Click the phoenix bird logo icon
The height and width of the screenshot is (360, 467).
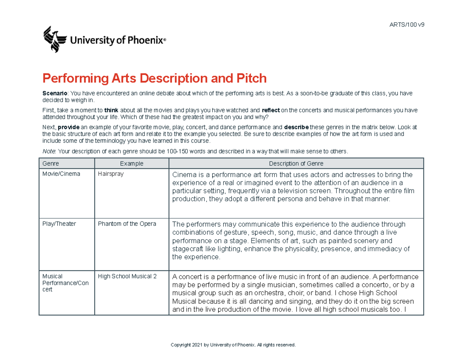click(54, 39)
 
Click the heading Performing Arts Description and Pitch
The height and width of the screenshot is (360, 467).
click(154, 79)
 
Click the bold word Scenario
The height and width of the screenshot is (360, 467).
click(54, 94)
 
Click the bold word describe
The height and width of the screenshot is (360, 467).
click(297, 127)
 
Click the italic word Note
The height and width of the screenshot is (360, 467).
click(48, 151)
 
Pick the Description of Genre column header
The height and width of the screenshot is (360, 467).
click(296, 163)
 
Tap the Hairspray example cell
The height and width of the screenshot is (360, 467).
click(111, 174)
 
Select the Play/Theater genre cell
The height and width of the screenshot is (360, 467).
click(59, 224)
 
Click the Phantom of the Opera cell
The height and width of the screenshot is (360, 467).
click(127, 224)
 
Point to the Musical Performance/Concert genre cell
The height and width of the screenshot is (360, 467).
click(65, 283)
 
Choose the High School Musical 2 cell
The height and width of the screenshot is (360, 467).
click(127, 277)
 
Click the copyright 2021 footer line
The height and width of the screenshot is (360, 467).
click(233, 345)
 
